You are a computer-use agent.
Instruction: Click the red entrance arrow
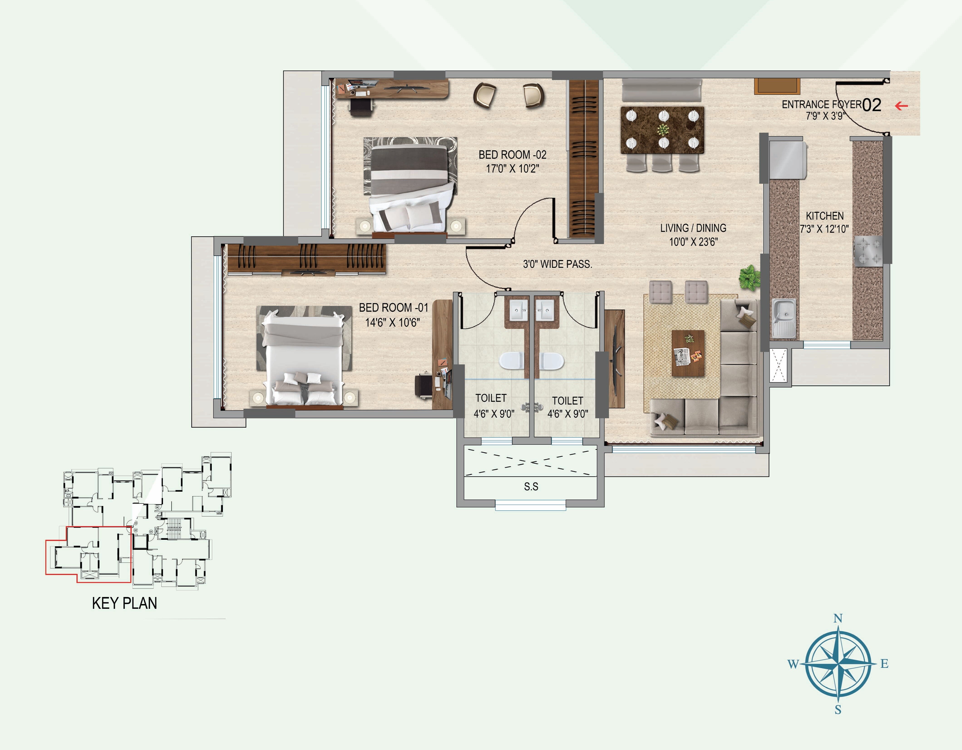pos(902,106)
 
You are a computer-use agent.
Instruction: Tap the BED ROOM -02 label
pos(512,155)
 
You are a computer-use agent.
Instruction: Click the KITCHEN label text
pos(825,216)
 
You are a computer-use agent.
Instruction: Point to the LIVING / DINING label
pos(693,228)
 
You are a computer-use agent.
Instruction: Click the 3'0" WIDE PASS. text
pos(557,264)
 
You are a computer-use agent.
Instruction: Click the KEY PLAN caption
pos(124,603)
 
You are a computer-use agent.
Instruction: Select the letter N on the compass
pos(838,618)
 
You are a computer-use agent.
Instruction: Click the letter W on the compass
pos(793,664)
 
